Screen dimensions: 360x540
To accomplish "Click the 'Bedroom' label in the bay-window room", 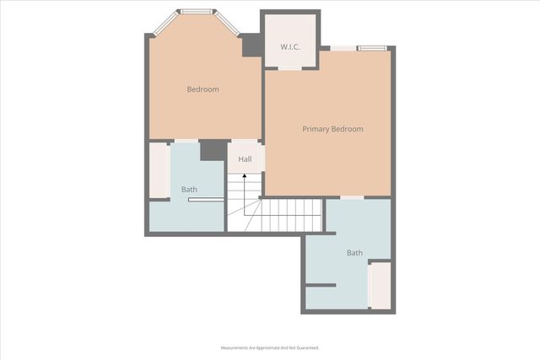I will pyautogui.click(x=202, y=89).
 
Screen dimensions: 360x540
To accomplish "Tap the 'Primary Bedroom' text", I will pyautogui.click(x=332, y=129).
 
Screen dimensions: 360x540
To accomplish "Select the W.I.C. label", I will pyautogui.click(x=290, y=46).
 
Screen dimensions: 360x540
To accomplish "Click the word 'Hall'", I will pyautogui.click(x=245, y=159).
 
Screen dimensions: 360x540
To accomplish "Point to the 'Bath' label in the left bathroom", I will pyautogui.click(x=190, y=189).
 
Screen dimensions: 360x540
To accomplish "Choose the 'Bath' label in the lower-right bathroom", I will pyautogui.click(x=354, y=253).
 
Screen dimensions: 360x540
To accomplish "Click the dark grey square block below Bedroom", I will pyautogui.click(x=213, y=149).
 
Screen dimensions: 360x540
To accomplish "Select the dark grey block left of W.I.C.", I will pyautogui.click(x=251, y=46).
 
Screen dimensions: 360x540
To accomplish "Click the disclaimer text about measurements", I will pyautogui.click(x=270, y=347).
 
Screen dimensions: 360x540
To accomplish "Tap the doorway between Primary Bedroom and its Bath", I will pyautogui.click(x=352, y=197).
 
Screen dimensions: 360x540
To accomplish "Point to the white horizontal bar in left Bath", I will pyautogui.click(x=206, y=200).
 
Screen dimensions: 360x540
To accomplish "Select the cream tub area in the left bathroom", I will pyautogui.click(x=159, y=170).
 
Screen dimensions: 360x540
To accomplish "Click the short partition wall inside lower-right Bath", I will pyautogui.click(x=321, y=285).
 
